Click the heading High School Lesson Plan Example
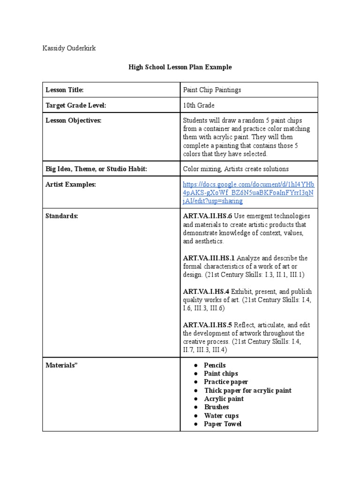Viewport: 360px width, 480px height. [180, 67]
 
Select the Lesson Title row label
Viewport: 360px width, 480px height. [64, 90]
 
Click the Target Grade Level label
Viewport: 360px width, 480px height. [75, 106]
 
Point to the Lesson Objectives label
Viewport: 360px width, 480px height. [73, 120]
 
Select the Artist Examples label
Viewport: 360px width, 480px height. [70, 185]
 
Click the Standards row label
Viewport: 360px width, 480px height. [62, 216]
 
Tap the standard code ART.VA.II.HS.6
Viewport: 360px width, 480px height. [207, 216]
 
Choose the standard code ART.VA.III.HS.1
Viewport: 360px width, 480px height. [209, 258]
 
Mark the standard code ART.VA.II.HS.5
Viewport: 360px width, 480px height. [207, 325]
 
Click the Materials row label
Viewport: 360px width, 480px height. [61, 365]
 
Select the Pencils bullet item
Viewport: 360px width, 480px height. [215, 365]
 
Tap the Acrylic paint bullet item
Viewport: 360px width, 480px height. [224, 399]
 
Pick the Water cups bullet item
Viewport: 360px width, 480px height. [221, 416]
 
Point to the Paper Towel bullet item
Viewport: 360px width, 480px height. [223, 424]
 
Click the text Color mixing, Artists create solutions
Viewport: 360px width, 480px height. [236, 169]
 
